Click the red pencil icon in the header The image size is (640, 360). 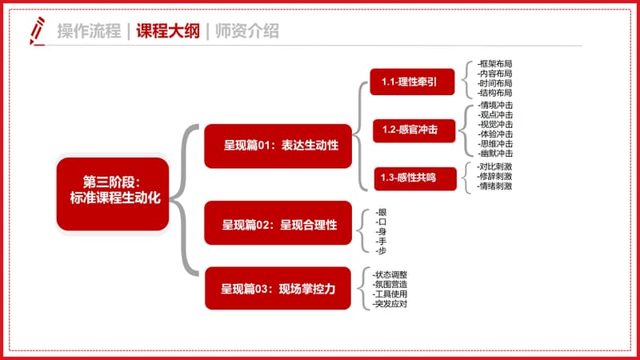(x=37, y=31)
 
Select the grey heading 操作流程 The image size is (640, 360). (x=89, y=31)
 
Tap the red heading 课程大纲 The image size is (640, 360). (x=168, y=31)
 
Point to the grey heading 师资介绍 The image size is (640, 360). (x=247, y=31)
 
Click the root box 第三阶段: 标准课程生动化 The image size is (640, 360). (x=113, y=194)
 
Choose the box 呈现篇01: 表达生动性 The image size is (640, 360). (x=278, y=146)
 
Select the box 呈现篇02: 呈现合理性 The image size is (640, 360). (x=278, y=223)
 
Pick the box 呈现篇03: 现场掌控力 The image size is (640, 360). (x=278, y=288)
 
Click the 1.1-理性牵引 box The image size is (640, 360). (x=412, y=82)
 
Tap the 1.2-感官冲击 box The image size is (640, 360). (x=414, y=130)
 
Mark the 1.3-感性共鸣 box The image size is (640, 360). (x=415, y=178)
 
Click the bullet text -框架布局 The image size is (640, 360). (x=494, y=64)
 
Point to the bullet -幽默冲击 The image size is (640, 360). (x=495, y=154)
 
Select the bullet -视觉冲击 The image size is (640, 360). (x=495, y=125)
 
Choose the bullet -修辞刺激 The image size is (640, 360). (x=494, y=176)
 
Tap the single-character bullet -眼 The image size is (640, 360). (x=381, y=212)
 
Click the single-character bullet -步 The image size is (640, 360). (x=381, y=251)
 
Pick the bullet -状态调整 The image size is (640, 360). (x=390, y=274)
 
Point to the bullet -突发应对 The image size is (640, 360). (x=390, y=304)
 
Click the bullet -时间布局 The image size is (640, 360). (x=494, y=83)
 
